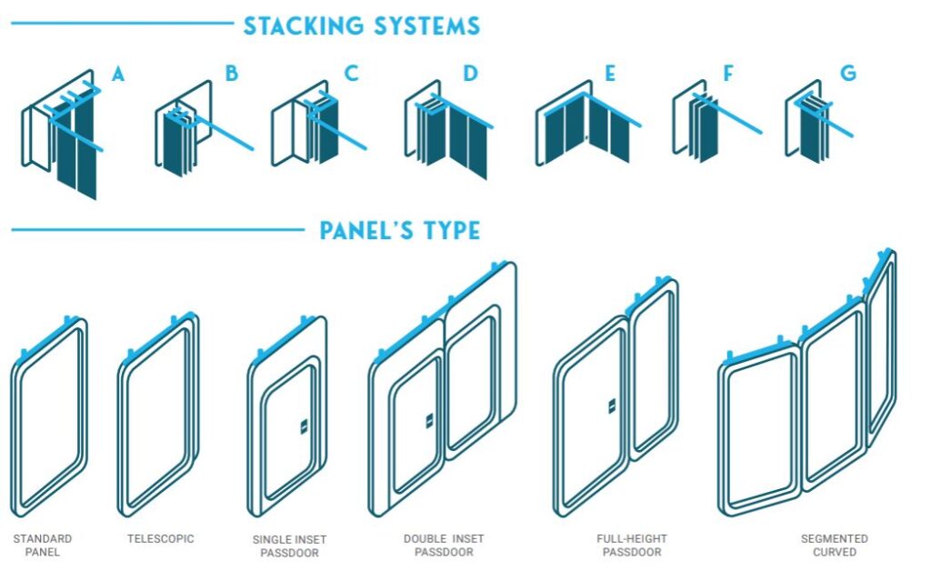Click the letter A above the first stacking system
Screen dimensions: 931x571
118,74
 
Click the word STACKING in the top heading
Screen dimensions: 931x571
304,26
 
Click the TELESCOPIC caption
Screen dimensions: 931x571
160,539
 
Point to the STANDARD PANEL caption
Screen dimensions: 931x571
42,546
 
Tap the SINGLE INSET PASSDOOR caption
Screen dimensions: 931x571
289,546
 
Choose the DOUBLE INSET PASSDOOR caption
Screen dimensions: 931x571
444,546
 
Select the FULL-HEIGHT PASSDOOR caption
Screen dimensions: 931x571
632,546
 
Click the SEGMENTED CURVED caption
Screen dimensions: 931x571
835,546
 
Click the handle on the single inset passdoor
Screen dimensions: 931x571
304,426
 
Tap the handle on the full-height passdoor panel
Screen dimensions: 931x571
612,406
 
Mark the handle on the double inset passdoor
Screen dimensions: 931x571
429,421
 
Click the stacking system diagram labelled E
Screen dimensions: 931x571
588,125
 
